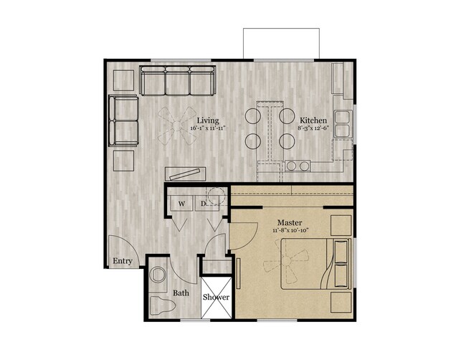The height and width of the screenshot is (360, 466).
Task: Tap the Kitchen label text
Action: [313, 120]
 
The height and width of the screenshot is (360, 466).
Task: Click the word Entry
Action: [123, 261]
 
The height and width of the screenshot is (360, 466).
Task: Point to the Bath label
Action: [181, 293]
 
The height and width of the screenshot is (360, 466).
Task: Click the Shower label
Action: [215, 297]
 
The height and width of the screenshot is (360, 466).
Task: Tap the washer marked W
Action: [181, 203]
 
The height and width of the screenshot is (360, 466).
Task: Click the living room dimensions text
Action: [209, 128]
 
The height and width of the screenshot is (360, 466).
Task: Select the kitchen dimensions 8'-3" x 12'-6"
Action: [313, 128]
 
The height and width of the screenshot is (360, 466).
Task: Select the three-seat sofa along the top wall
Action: [178, 81]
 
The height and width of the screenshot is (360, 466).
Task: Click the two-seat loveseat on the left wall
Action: [124, 120]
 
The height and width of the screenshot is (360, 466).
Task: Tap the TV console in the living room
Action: [186, 172]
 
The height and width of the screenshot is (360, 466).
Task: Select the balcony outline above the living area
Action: [280, 42]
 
